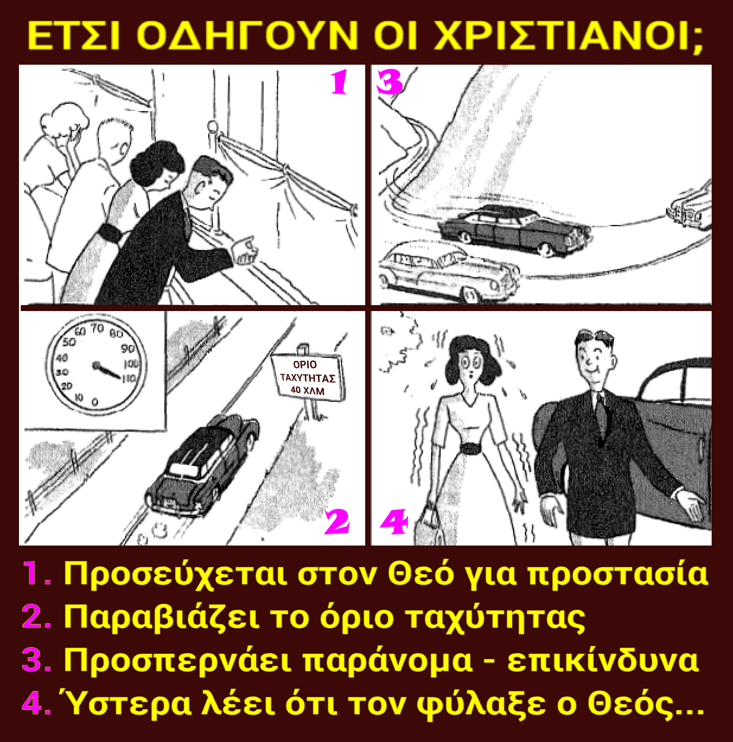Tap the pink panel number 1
click(x=339, y=82)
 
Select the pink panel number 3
click(x=389, y=82)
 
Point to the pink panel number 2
click(x=336, y=521)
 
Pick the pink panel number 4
click(x=394, y=522)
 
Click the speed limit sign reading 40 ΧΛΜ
click(x=307, y=377)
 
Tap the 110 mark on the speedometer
click(x=129, y=379)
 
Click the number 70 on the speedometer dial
click(x=97, y=328)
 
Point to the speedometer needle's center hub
click(x=95, y=364)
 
